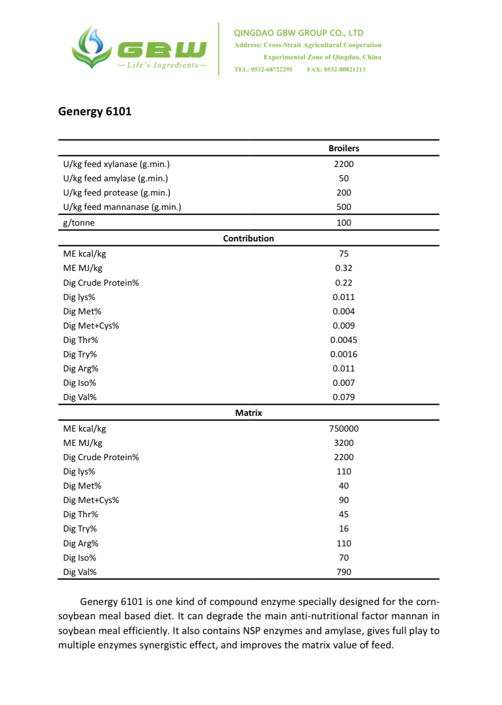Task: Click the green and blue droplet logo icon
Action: click(91, 47)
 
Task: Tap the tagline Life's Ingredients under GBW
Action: click(162, 65)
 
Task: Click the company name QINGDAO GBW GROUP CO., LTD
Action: click(298, 33)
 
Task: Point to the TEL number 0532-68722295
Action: click(263, 69)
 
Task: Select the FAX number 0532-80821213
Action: click(336, 69)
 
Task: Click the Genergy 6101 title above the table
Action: click(95, 111)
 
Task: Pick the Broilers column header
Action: click(344, 148)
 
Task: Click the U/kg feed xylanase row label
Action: click(116, 164)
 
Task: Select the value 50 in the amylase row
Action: click(344, 178)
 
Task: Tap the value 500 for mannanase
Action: click(344, 207)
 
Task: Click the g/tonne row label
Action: click(79, 223)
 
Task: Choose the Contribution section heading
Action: click(249, 238)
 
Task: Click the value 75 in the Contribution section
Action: click(344, 254)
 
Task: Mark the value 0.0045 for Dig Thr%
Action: click(344, 340)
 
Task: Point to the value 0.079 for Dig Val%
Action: click(344, 397)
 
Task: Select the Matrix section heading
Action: click(249, 413)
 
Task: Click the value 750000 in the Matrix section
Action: click(344, 429)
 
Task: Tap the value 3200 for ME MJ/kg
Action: click(344, 443)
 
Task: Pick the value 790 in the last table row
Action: click(344, 572)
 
